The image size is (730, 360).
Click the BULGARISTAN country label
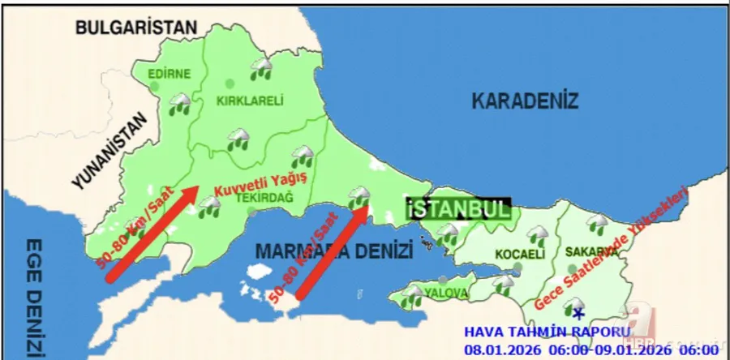(x=135, y=28)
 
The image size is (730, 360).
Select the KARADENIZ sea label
(x=525, y=101)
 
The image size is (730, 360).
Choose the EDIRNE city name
(x=170, y=74)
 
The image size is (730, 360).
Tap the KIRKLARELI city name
(x=249, y=101)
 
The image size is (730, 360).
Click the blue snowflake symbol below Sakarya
(x=578, y=312)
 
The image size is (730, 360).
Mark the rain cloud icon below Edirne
(x=179, y=104)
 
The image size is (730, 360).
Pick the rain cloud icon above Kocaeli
(x=535, y=235)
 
